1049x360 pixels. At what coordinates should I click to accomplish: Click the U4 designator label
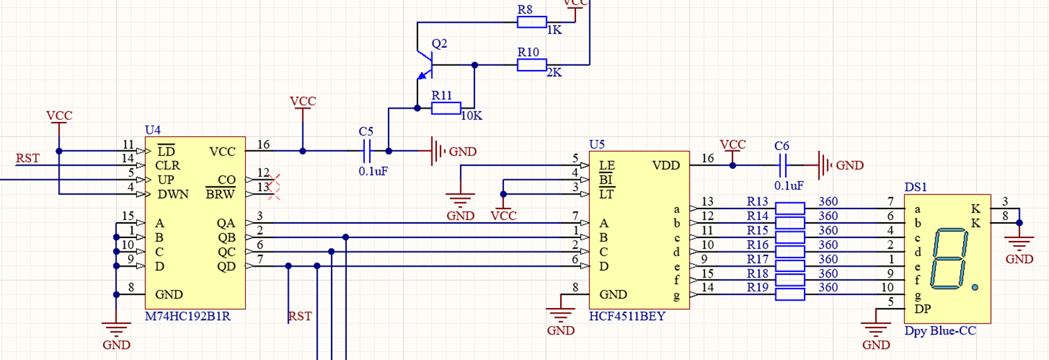152,130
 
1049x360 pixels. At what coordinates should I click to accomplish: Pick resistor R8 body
532,22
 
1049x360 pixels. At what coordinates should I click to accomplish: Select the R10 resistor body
532,65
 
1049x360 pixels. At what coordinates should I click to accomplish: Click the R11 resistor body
446,108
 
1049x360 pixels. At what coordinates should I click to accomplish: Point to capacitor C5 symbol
367,150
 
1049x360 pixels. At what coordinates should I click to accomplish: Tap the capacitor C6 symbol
782,165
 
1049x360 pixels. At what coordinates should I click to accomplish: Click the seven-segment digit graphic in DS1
947,260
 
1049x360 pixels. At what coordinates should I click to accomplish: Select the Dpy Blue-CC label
940,331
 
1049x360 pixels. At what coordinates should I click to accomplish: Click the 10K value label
471,116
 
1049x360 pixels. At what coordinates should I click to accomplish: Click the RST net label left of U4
27,159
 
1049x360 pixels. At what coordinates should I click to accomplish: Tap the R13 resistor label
757,201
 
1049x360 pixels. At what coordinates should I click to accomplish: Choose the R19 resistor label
757,287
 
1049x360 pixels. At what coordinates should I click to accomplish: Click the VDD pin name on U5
665,165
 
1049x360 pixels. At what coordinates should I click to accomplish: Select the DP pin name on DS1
922,309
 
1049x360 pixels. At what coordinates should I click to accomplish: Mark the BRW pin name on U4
221,194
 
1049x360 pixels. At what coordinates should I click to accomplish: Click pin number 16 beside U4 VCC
263,144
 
